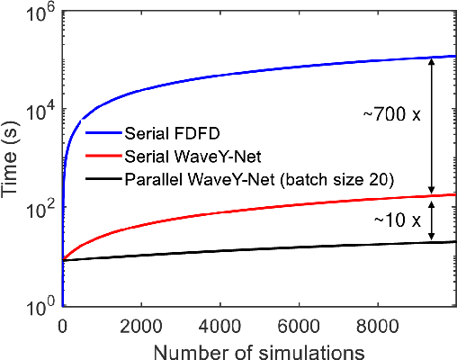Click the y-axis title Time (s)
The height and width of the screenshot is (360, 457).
[13, 158]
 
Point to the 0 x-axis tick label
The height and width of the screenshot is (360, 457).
[62, 323]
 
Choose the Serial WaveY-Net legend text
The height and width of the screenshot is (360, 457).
[184, 156]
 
